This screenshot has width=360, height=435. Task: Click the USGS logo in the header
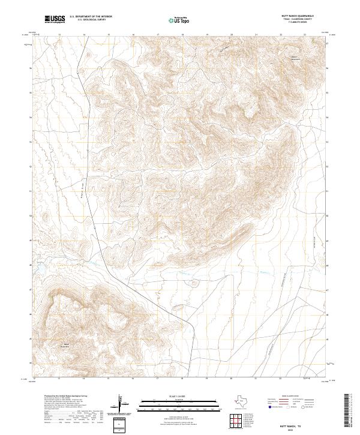56,19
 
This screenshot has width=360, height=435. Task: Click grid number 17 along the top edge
157,35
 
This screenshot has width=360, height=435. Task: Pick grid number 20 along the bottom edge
232,379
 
